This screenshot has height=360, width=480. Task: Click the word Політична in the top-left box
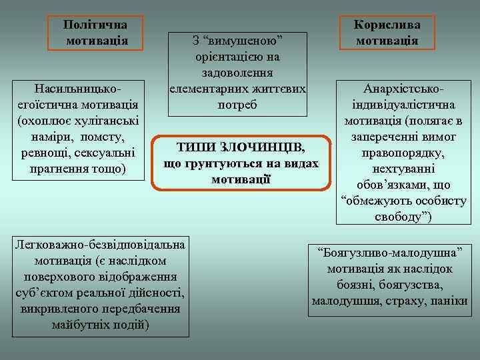click(x=95, y=24)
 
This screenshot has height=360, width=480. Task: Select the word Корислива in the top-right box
click(x=387, y=25)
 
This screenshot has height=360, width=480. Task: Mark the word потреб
click(x=238, y=105)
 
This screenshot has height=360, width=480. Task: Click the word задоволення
click(x=238, y=73)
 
